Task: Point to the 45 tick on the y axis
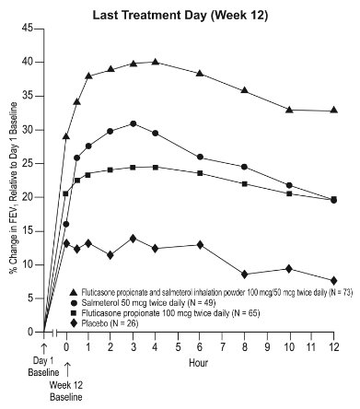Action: (x=28, y=29)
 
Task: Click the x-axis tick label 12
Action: (x=333, y=345)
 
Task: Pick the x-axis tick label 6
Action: (x=200, y=345)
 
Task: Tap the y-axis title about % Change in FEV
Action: (x=10, y=181)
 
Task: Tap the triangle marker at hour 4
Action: (x=155, y=62)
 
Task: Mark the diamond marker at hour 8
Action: (x=244, y=275)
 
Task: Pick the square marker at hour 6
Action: (x=200, y=173)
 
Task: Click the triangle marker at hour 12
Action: (x=333, y=111)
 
